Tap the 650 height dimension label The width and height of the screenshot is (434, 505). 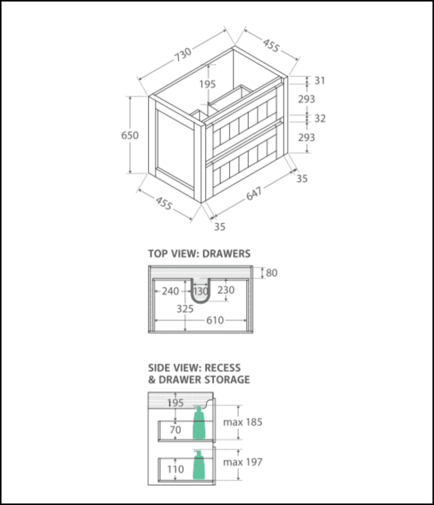(x=130, y=135)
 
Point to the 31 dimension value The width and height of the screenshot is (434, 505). (x=320, y=80)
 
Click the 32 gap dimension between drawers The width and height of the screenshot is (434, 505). (x=320, y=118)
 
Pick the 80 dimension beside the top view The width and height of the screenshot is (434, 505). (x=272, y=273)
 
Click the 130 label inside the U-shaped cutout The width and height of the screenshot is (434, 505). (x=200, y=291)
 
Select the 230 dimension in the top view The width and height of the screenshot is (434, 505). (x=226, y=290)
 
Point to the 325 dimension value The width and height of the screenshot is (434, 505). (x=185, y=309)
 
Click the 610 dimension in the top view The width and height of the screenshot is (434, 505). (x=215, y=321)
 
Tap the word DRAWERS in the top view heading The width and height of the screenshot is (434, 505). (x=226, y=254)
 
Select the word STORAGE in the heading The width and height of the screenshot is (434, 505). (x=225, y=379)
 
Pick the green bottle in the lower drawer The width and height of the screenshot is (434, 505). (x=199, y=465)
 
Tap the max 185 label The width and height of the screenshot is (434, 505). (x=243, y=422)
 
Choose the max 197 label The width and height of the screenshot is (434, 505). (x=243, y=462)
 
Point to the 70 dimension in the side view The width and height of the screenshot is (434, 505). (x=175, y=430)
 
